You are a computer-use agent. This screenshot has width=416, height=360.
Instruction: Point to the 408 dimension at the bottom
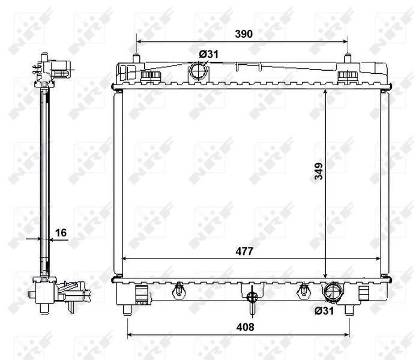coord(245,327)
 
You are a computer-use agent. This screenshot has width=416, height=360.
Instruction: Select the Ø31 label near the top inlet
coord(209,55)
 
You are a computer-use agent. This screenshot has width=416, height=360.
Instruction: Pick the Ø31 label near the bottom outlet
coord(325,310)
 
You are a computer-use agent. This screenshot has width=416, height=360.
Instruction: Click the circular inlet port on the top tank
coord(197,74)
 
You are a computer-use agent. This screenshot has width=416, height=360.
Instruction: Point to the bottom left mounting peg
coord(128,309)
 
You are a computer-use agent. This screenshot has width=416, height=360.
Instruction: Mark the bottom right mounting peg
coord(349,309)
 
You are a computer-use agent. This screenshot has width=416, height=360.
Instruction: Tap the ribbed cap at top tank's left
coord(150,76)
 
